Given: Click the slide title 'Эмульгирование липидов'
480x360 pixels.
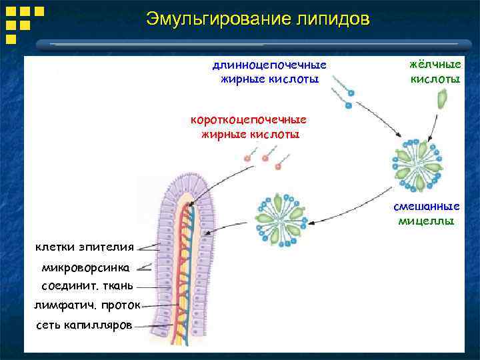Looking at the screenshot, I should point(257,19).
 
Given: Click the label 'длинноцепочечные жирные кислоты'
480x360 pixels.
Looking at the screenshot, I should point(269,72).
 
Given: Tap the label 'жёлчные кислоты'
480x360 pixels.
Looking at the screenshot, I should point(435,71).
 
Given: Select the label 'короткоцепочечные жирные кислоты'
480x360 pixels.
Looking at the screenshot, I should point(249,127).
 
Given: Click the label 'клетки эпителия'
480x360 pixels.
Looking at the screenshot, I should point(84,247).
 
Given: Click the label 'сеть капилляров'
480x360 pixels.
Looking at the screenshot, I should point(84,326).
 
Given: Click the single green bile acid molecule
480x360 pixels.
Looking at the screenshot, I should point(441,99).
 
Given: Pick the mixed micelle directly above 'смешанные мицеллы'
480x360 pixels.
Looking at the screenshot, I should point(418,163).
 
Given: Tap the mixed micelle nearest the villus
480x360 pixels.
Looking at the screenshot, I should point(279,218).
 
